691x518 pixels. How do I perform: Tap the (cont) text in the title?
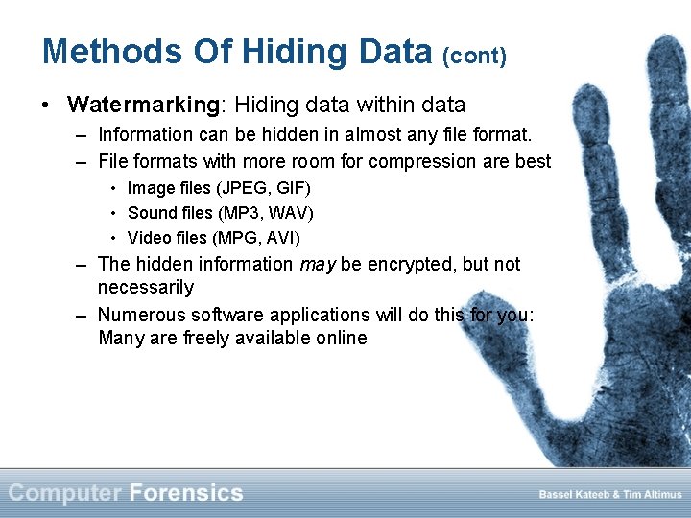click(x=474, y=56)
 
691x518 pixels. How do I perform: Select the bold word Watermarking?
click(x=144, y=104)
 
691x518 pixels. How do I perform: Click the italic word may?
click(x=317, y=265)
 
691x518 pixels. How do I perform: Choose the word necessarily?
click(x=146, y=288)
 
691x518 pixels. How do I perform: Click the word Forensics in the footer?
click(x=186, y=494)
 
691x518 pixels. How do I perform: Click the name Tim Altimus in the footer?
click(x=652, y=495)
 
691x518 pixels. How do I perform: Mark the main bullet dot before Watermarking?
click(x=48, y=105)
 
